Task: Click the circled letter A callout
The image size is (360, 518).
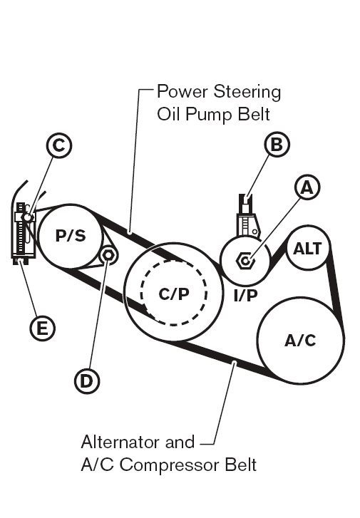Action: pyautogui.click(x=307, y=187)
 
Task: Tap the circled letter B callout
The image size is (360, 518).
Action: pyautogui.click(x=277, y=145)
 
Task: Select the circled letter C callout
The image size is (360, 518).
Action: pyautogui.click(x=59, y=145)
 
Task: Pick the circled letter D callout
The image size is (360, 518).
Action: pyautogui.click(x=87, y=381)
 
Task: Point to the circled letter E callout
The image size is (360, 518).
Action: pyautogui.click(x=43, y=328)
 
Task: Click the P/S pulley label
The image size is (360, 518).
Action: pyautogui.click(x=71, y=236)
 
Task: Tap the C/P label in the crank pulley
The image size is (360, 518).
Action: pyautogui.click(x=174, y=294)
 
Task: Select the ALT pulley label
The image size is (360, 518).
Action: pyautogui.click(x=307, y=249)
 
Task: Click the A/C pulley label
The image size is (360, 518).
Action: pyautogui.click(x=301, y=341)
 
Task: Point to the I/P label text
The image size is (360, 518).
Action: pyautogui.click(x=245, y=295)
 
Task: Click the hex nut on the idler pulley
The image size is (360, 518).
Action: pyautogui.click(x=245, y=261)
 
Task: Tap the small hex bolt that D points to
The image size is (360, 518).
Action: pyautogui.click(x=108, y=255)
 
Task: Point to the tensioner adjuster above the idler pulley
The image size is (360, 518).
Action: pyautogui.click(x=247, y=217)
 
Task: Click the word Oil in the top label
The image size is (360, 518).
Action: pyautogui.click(x=169, y=115)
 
